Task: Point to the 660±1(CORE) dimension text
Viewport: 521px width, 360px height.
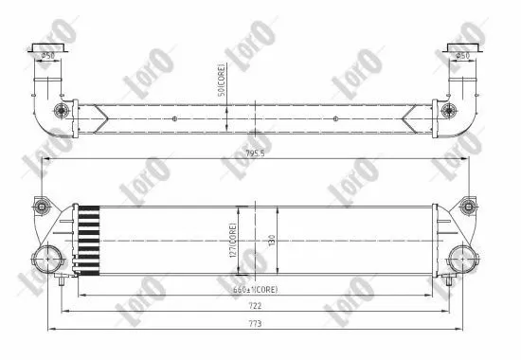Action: click(257, 288)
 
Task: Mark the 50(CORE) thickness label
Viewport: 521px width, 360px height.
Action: click(220, 81)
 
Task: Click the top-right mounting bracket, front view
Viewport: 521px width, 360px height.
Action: click(467, 207)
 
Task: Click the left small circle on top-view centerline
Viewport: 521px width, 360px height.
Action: click(175, 118)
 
